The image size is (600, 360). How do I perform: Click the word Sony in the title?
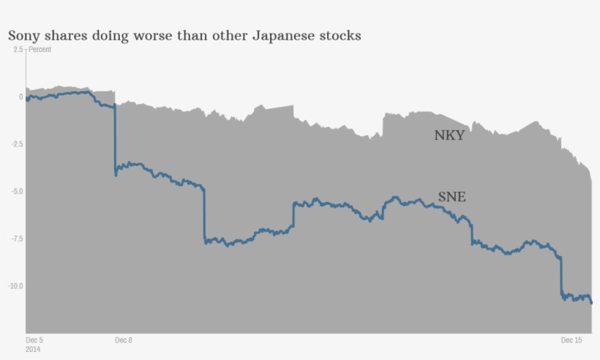[23, 35]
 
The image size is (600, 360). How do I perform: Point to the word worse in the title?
[151, 35]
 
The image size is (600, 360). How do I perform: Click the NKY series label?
[449, 135]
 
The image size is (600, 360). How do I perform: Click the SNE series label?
[451, 197]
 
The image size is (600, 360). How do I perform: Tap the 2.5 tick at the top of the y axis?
[18, 50]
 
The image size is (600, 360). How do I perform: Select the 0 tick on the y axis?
[20, 97]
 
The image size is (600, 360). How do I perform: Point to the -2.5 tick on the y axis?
[16, 144]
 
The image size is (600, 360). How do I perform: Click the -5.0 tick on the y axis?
[16, 192]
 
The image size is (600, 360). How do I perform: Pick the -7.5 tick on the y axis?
[16, 239]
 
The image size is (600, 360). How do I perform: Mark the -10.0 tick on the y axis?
[15, 286]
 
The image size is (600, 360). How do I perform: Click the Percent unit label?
[40, 50]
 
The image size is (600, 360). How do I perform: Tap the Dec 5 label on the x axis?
[34, 340]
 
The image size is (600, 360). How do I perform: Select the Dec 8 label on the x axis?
[124, 340]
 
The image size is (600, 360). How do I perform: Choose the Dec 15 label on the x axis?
[571, 340]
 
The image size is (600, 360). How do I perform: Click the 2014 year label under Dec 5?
[33, 349]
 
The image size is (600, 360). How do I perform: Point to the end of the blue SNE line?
[591, 301]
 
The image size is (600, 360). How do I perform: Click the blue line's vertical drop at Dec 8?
[115, 139]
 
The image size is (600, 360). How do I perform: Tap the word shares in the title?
[67, 35]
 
